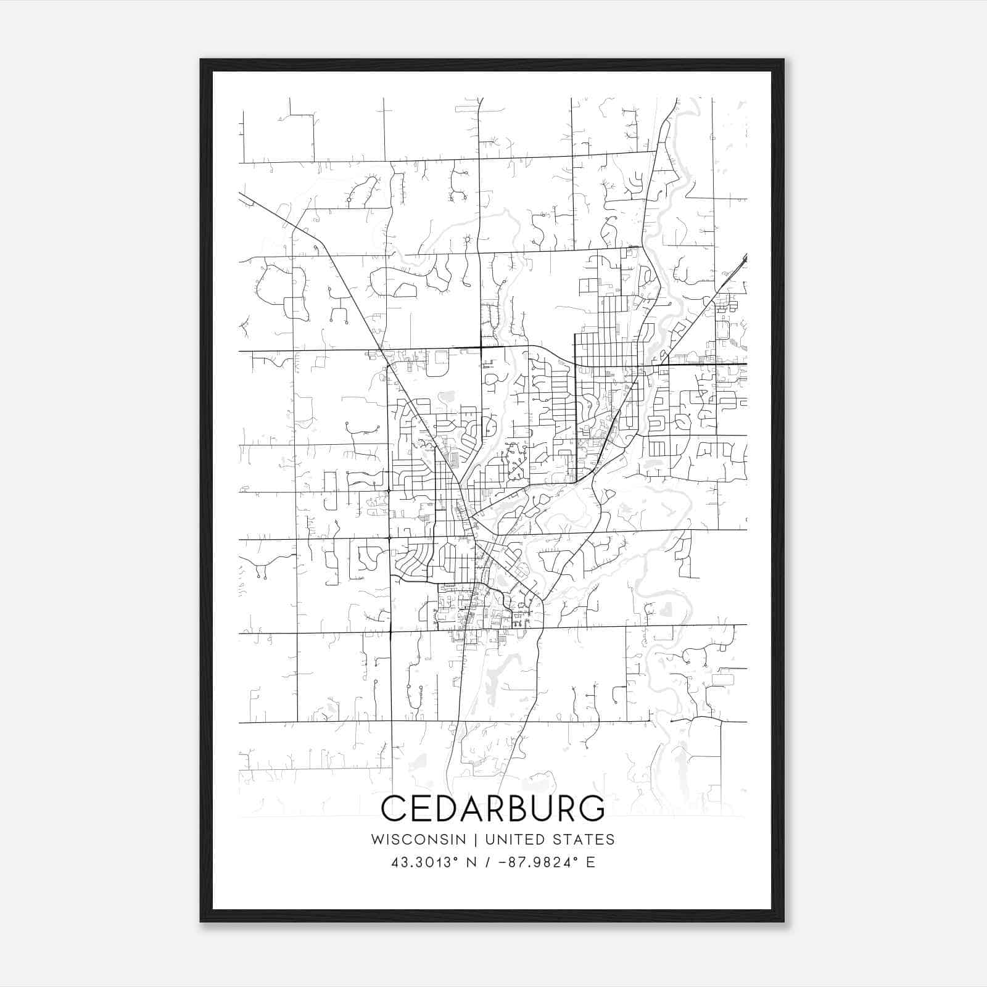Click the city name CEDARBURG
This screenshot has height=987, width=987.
[493, 808]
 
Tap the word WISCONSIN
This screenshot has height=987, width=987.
[418, 840]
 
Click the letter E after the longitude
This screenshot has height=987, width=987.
[591, 862]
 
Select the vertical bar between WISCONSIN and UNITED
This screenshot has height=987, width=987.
[475, 840]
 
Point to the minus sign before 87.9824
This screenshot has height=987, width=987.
[499, 862]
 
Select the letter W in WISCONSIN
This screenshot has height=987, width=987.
[377, 840]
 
